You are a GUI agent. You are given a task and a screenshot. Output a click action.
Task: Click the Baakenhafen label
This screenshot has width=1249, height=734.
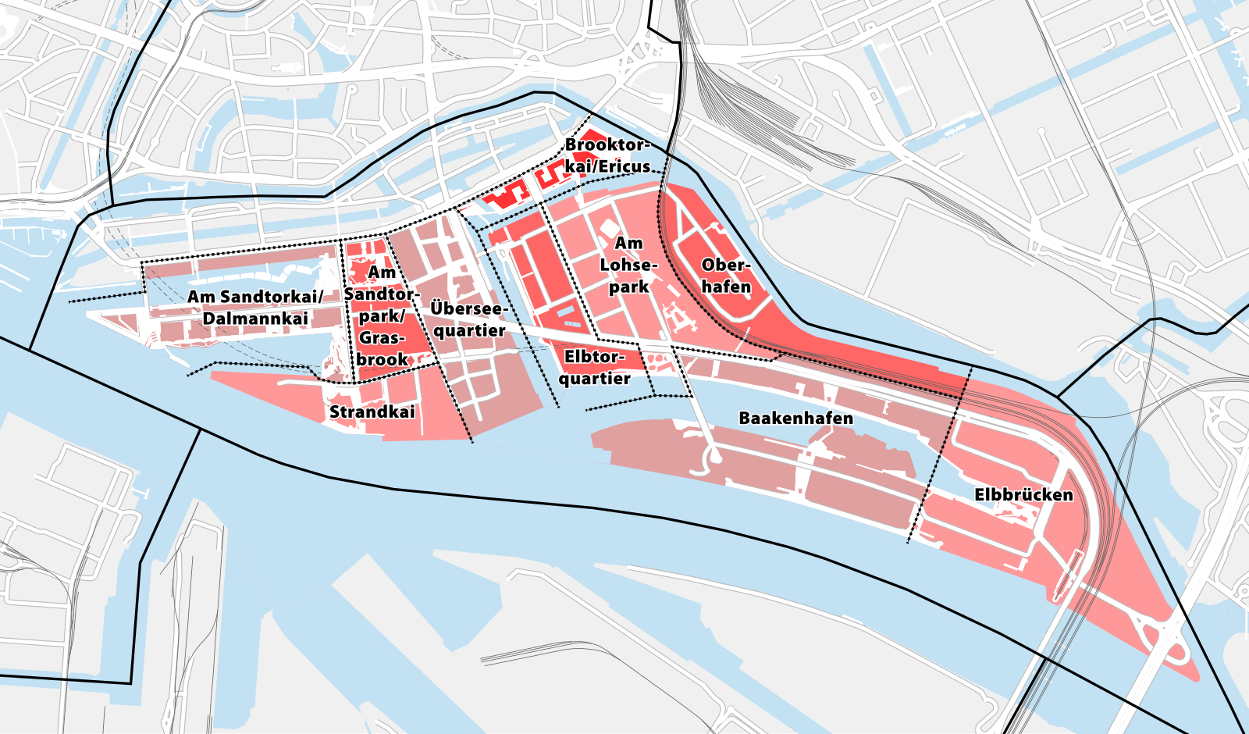tap(795, 419)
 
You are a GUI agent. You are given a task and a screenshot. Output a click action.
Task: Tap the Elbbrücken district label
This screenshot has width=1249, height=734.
tap(1023, 495)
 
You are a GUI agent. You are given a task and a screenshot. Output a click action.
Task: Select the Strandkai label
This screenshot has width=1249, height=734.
tap(372, 412)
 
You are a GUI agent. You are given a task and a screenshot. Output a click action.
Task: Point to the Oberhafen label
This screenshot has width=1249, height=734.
tap(726, 276)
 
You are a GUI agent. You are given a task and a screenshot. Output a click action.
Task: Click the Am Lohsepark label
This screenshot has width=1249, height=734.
tap(628, 265)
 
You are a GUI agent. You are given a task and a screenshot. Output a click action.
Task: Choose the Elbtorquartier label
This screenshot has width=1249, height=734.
tap(594, 368)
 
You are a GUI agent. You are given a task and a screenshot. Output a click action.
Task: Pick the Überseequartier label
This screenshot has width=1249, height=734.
tap(468, 319)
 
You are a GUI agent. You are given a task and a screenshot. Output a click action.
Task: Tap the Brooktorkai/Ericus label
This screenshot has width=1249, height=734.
tap(607, 155)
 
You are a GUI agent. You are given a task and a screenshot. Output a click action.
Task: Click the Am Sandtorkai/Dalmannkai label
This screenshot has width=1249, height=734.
tap(255, 308)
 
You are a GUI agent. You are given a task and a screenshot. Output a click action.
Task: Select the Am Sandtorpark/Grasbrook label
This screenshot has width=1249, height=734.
tap(382, 316)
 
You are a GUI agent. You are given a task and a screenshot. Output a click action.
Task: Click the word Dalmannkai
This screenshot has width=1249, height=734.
tap(255, 319)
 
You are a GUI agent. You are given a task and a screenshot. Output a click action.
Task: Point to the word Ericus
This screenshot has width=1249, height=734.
tap(624, 166)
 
